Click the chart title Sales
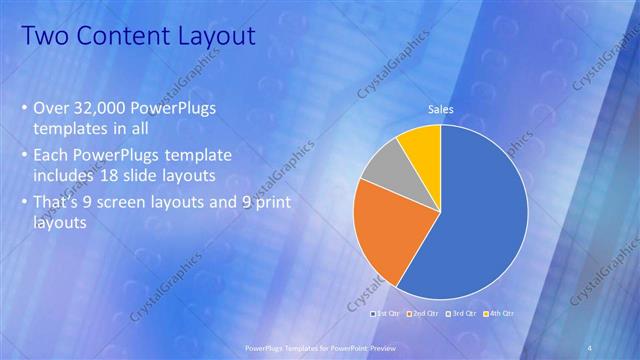(440, 109)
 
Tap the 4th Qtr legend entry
(501, 313)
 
